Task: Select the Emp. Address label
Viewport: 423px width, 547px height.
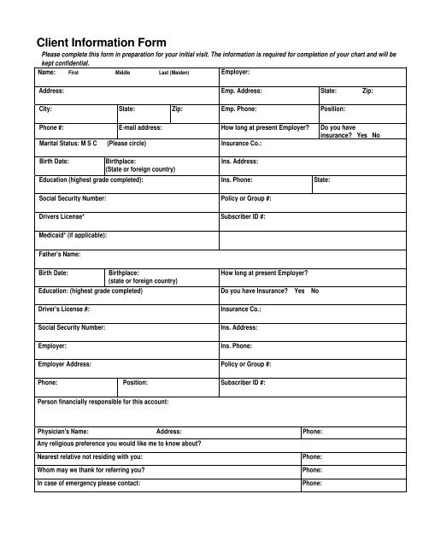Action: [246, 90]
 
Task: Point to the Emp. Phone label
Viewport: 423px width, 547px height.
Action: [243, 109]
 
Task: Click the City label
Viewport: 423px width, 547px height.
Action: [46, 109]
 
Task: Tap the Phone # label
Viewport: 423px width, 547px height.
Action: [52, 127]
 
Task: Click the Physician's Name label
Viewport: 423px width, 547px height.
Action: [68, 432]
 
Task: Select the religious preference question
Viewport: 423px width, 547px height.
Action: [119, 444]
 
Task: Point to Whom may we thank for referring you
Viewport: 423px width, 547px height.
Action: [91, 470]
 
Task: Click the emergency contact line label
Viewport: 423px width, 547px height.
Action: [88, 483]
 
